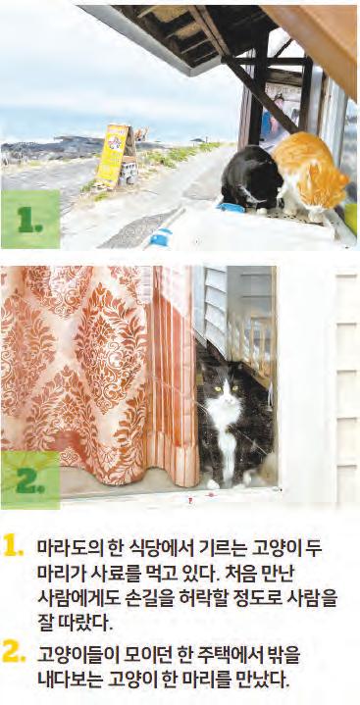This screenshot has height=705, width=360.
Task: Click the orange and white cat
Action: point(310,174)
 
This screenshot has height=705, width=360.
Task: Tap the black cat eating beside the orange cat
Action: point(251,177)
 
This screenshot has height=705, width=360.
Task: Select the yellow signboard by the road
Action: point(113,155)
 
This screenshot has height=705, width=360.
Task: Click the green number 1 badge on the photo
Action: point(30,219)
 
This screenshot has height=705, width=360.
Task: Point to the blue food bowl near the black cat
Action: point(230,208)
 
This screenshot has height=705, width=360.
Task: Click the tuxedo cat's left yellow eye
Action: point(219,388)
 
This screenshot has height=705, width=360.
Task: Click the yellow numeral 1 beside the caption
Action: point(13,546)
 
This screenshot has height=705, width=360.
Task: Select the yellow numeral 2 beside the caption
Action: point(13,652)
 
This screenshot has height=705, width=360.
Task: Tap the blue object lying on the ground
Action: point(160,237)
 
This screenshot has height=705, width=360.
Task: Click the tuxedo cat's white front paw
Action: point(213,483)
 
